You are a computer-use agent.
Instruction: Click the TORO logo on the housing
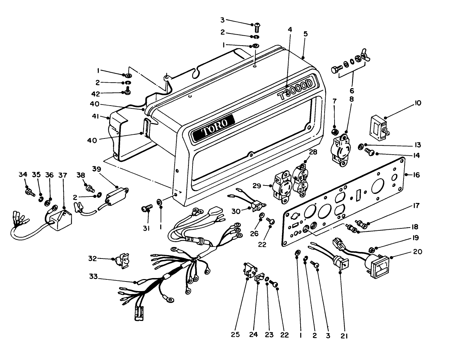point(213,128)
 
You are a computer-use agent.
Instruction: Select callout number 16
point(417,175)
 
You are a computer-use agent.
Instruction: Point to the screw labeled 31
point(147,208)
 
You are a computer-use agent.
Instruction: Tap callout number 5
point(306,34)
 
